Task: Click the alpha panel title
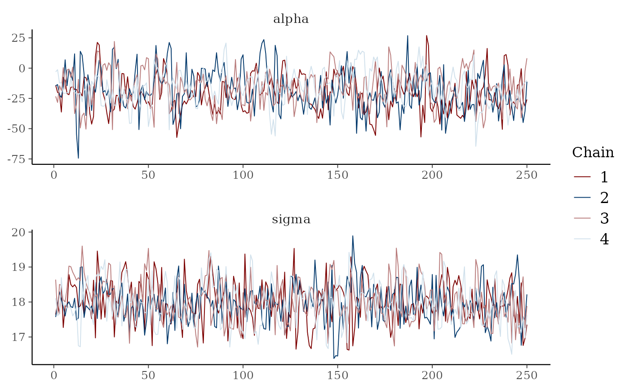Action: (x=291, y=19)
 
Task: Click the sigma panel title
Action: (x=291, y=220)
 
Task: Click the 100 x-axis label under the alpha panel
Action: (x=243, y=175)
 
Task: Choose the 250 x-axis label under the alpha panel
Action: (x=527, y=175)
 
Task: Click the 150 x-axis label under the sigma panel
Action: (x=337, y=375)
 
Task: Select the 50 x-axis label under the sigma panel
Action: (x=148, y=375)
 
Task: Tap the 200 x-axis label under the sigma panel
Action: (x=432, y=375)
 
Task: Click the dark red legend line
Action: (x=582, y=177)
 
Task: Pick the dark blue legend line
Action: (x=582, y=197)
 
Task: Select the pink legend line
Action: (x=582, y=218)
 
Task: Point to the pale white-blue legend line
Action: (x=582, y=239)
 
